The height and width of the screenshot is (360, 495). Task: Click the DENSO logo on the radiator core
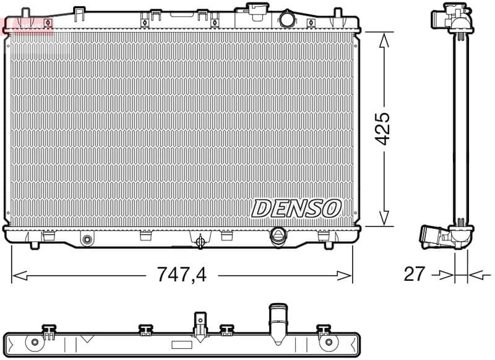pos(296,208)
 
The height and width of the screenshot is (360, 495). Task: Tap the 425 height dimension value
pos(384,128)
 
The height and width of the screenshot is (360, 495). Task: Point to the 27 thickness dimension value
pos(414,274)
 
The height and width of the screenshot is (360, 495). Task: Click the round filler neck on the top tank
pos(287,19)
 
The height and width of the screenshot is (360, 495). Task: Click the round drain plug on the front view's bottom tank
pos(278,235)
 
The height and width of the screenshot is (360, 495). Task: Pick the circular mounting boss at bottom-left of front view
pos(87,239)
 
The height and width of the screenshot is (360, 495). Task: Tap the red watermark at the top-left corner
pos(28,25)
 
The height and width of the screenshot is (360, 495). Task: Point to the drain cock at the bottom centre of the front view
pos(200,241)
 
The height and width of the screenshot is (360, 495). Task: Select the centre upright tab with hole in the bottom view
pos(200,322)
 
